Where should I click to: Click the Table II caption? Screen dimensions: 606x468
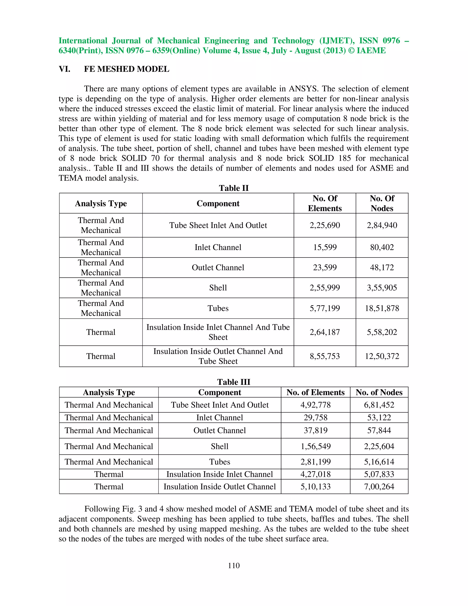234,188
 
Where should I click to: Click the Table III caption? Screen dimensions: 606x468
234,382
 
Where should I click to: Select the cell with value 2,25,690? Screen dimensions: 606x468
325,225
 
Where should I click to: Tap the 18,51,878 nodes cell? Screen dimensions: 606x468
382,308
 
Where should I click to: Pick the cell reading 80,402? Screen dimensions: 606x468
382,247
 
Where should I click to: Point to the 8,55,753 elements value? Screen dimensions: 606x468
325,356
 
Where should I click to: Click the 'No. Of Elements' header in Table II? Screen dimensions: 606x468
325,203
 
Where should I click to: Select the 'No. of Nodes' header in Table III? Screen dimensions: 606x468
379,392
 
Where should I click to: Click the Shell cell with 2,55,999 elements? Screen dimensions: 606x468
218,288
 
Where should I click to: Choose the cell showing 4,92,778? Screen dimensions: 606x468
316,405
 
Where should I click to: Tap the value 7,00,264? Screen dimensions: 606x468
379,486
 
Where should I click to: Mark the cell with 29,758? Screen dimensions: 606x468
316,418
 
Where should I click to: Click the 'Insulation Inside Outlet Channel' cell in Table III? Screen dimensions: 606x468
220,486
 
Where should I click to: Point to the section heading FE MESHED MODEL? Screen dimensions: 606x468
126,69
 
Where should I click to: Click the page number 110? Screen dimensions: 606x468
234,566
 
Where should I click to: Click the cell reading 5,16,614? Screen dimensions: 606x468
379,462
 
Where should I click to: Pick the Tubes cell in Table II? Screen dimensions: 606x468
218,308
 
